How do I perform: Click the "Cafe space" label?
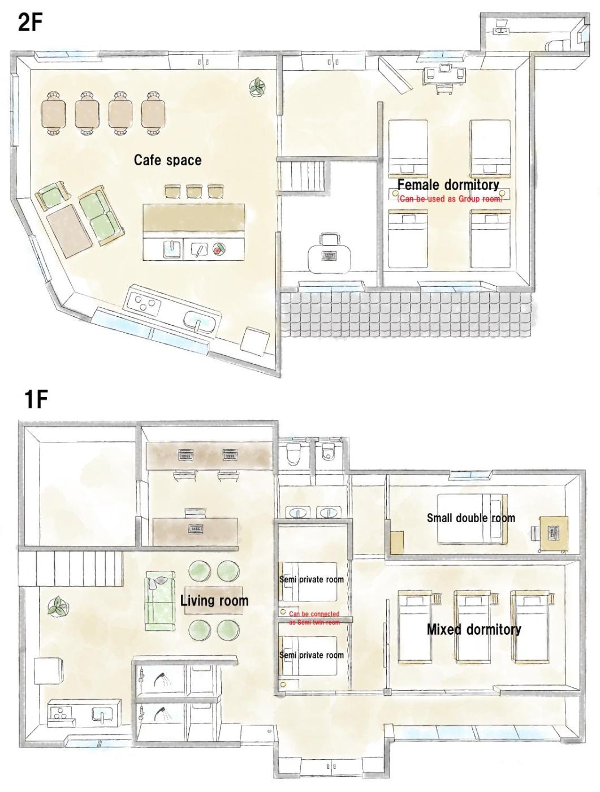pos(167,160)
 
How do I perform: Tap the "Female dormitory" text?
pos(448,185)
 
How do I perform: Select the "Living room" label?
pos(214,601)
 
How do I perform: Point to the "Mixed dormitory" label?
pos(474,630)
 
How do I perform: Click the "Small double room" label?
pos(471,518)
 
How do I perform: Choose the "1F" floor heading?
pos(36,400)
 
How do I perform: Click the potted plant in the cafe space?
pos(257,87)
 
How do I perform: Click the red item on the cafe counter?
pos(219,249)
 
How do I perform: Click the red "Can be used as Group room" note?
pos(450,199)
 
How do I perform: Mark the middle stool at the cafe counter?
pos(193,191)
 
